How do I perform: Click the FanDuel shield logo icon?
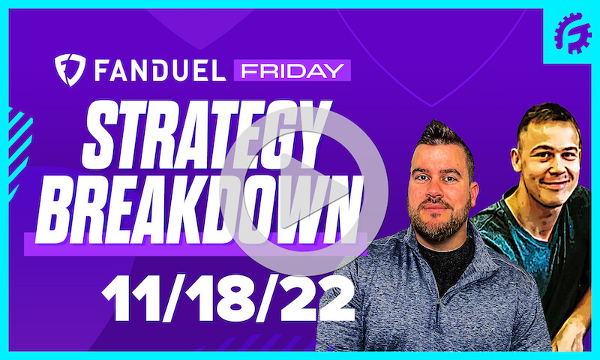coord(71,70)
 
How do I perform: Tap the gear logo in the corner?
coord(572,34)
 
